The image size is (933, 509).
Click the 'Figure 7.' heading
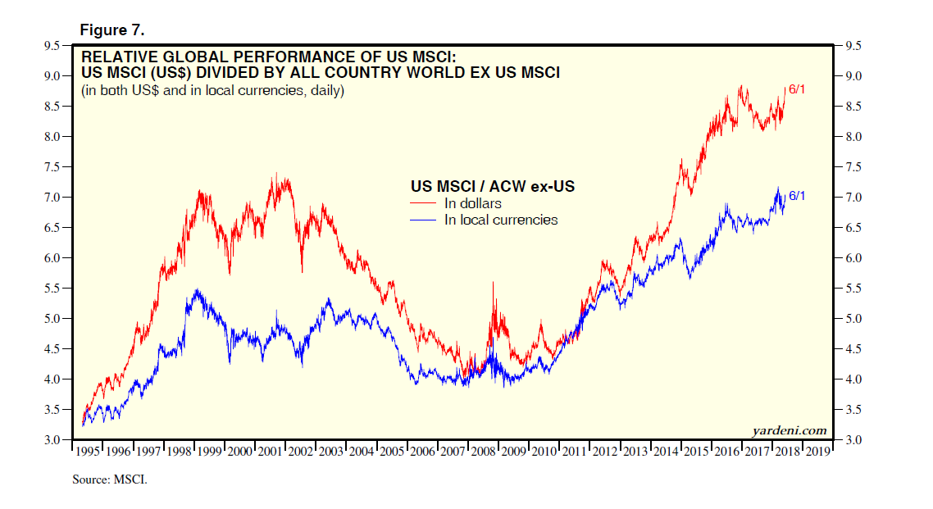tap(112, 30)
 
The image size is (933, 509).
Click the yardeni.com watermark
tap(789, 430)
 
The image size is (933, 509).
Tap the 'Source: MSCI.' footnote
tap(110, 479)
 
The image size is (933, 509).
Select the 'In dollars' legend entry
tap(473, 203)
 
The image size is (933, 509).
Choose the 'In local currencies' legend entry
tap(501, 220)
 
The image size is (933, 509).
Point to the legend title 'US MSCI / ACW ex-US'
tap(492, 187)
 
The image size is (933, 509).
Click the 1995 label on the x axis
tap(88, 452)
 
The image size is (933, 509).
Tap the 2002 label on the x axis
tap(300, 452)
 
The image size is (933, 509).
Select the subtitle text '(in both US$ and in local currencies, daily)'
tap(212, 90)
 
